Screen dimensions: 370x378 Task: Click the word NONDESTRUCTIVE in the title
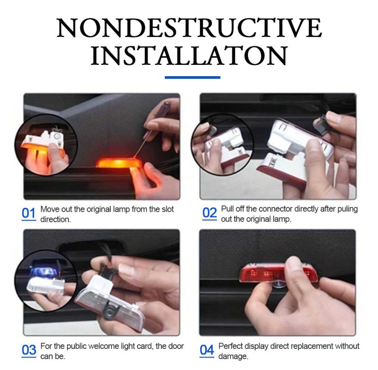[x=189, y=28]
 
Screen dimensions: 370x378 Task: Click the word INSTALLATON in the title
[x=189, y=56]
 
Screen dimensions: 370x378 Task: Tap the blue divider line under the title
[x=192, y=77]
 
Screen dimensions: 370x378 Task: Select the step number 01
[x=29, y=213]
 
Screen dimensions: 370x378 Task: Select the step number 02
[x=209, y=213]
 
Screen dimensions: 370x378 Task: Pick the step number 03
[x=29, y=350]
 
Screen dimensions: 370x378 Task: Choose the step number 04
[x=207, y=350]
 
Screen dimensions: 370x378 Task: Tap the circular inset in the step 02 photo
[x=221, y=143]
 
